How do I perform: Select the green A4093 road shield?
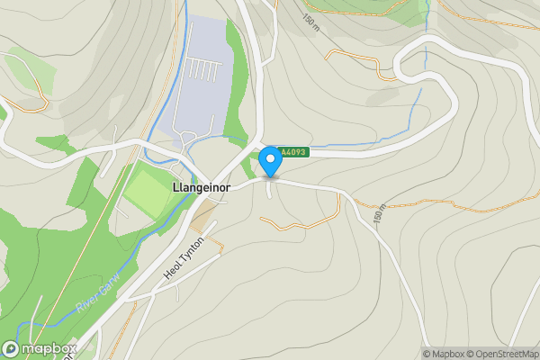coord(292,153)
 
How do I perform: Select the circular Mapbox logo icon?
coord(11,348)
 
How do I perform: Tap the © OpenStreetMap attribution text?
coord(503,354)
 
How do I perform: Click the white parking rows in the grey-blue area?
coord(203,68)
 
